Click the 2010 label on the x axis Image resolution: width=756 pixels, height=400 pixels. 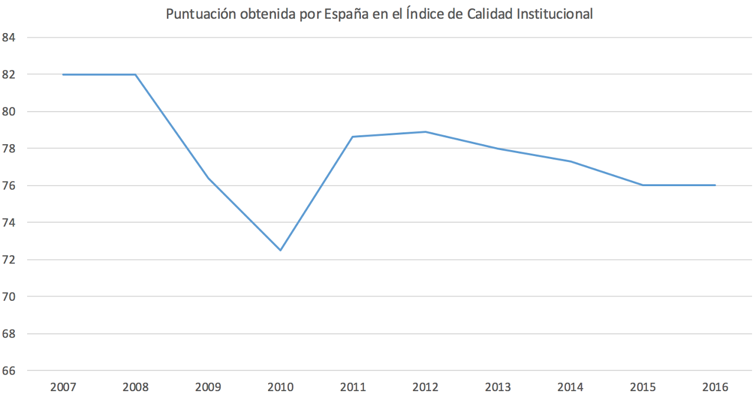pyautogui.click(x=280, y=388)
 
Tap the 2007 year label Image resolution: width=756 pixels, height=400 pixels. pyautogui.click(x=63, y=388)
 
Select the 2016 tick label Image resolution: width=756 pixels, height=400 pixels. pyautogui.click(x=715, y=388)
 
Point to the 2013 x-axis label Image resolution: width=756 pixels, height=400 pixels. pyautogui.click(x=498, y=388)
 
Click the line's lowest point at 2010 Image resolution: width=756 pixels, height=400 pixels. pyautogui.click(x=281, y=251)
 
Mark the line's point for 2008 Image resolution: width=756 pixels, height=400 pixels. pyautogui.click(x=135, y=74)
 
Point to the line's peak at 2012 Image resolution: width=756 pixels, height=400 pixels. pyautogui.click(x=425, y=132)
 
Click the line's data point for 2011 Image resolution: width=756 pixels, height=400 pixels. pyautogui.click(x=353, y=137)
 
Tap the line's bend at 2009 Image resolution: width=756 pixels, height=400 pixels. pyautogui.click(x=208, y=178)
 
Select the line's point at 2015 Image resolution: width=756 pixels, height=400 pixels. pyautogui.click(x=643, y=185)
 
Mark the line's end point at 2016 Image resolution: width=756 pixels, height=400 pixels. pyautogui.click(x=715, y=185)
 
